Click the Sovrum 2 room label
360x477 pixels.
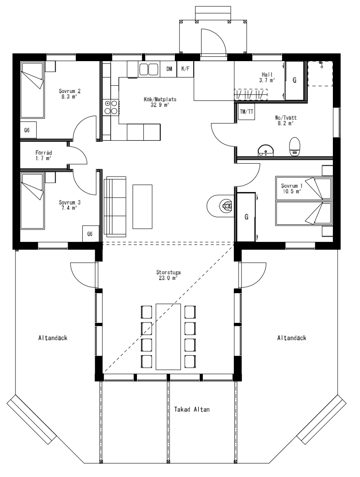[70, 94]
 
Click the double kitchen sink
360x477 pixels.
[149, 69]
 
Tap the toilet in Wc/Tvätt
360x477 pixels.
[295, 146]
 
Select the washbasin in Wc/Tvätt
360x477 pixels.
[265, 150]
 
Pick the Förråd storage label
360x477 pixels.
[43, 155]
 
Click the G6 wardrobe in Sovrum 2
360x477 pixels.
[28, 130]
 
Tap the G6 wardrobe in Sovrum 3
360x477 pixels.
[90, 234]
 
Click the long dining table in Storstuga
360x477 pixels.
[168, 336]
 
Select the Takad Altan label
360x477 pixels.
[192, 409]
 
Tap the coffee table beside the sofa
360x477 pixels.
[142, 206]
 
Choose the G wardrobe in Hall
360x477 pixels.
[295, 80]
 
